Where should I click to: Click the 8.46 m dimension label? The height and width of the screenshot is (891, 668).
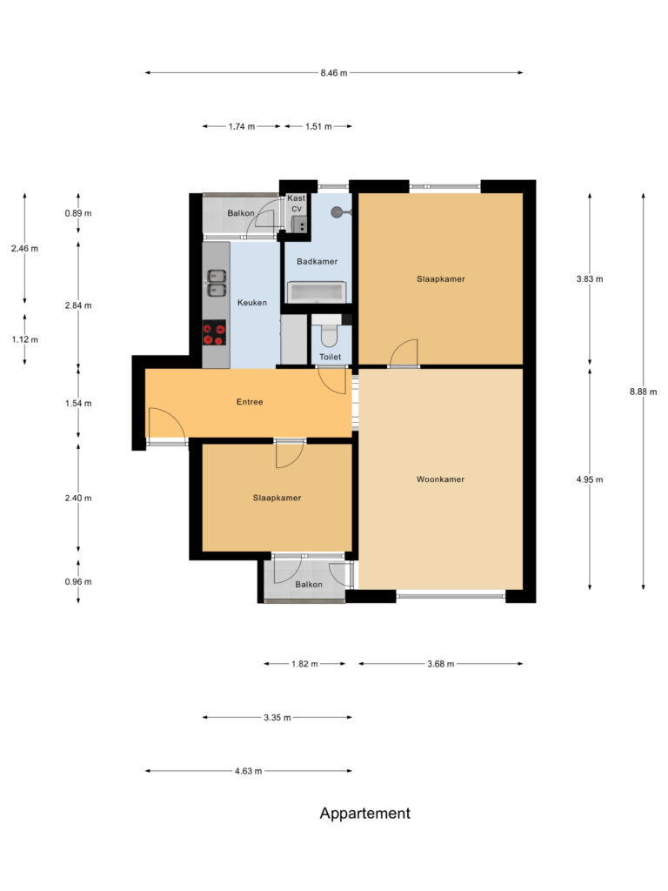tap(333, 73)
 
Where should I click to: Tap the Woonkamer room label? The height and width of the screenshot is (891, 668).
tap(440, 479)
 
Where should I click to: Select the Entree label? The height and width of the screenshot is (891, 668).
tap(250, 402)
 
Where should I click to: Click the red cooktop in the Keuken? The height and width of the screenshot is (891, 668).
tap(214, 333)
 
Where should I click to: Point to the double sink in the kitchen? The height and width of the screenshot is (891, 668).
tap(217, 283)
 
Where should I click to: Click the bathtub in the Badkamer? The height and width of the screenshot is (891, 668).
tap(317, 292)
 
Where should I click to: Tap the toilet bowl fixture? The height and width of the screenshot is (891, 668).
tap(329, 335)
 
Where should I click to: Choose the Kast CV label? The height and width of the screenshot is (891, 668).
tap(296, 203)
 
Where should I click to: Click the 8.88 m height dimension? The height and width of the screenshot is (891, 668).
tap(643, 392)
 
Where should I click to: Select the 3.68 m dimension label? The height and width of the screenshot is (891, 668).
tap(440, 664)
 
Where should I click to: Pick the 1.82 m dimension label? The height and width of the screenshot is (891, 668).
tap(304, 664)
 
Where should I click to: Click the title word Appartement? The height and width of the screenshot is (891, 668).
tap(364, 814)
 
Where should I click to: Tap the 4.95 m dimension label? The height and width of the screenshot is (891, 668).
tap(590, 479)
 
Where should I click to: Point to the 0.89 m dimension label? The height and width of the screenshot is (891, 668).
tap(77, 214)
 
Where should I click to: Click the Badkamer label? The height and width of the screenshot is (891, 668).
tap(317, 261)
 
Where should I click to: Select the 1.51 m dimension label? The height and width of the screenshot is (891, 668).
tap(318, 127)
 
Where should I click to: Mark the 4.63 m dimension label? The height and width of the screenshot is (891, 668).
tap(248, 771)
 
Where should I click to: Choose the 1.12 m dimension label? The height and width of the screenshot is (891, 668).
tap(25, 340)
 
